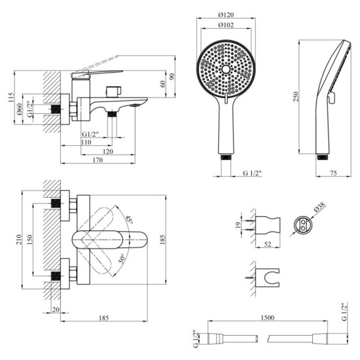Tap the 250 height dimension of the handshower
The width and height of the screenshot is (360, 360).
pyautogui.click(x=297, y=96)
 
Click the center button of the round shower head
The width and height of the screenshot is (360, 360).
pyautogui.click(x=225, y=69)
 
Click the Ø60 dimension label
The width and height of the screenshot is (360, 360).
pyautogui.click(x=20, y=109)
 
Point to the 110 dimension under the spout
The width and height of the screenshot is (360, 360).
pyautogui.click(x=85, y=141)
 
